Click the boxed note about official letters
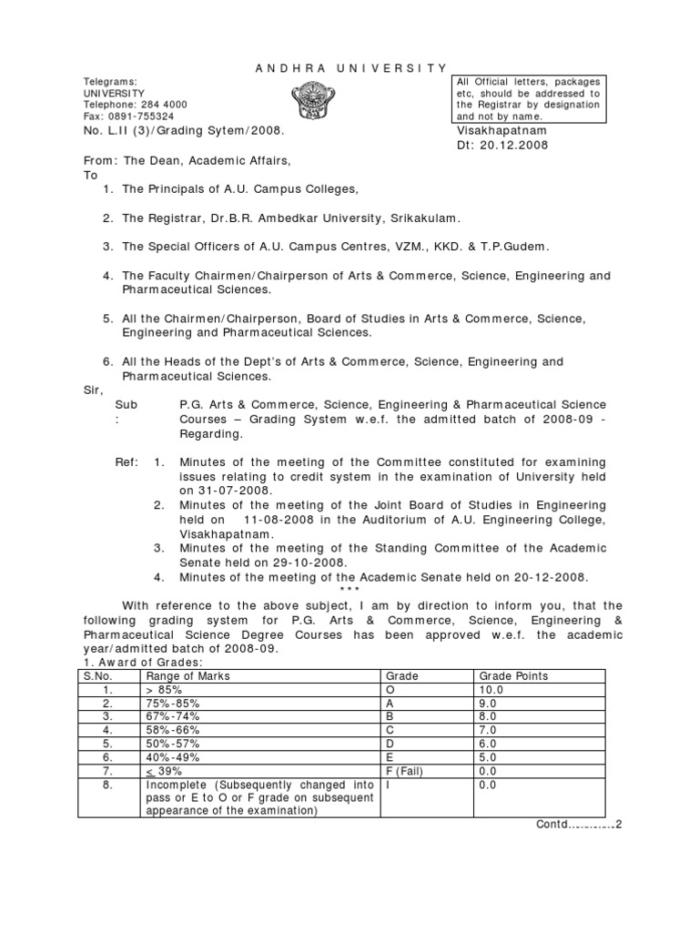click(x=528, y=99)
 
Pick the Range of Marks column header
click(x=187, y=676)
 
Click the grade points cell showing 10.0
click(x=491, y=690)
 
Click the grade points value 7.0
click(x=488, y=730)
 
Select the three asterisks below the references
click(x=349, y=591)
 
